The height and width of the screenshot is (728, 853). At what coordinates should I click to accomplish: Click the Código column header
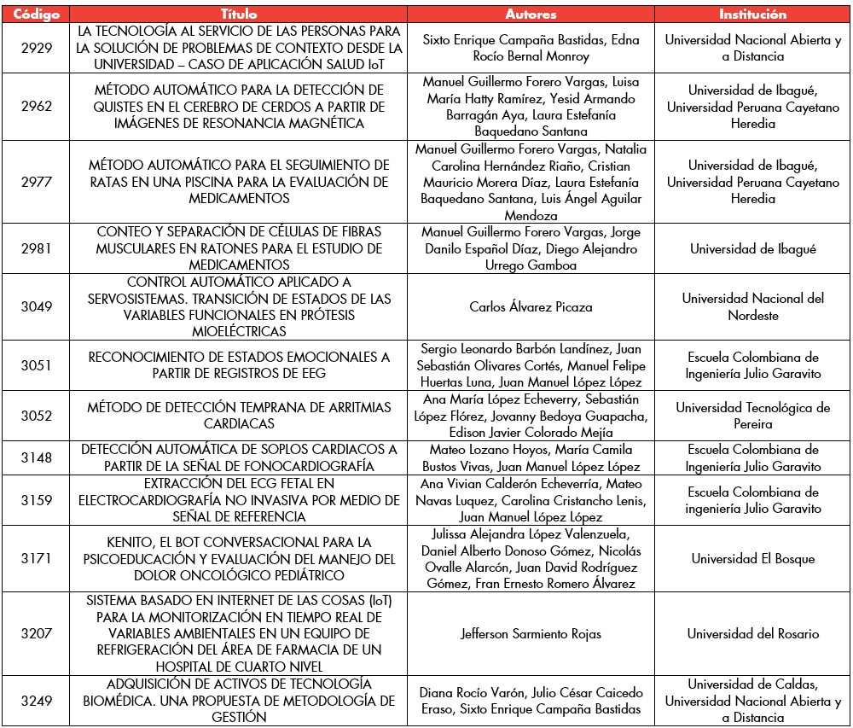tap(37, 15)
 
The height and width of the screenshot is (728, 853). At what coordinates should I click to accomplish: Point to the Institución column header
tap(752, 15)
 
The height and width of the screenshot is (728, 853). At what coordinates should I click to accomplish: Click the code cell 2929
tap(37, 48)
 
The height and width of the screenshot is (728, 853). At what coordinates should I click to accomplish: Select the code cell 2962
tap(37, 107)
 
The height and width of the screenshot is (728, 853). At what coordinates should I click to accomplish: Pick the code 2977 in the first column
tap(37, 182)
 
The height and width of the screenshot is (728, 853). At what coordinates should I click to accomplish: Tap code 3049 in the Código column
tap(37, 307)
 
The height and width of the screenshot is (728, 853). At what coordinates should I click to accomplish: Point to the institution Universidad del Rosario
tap(752, 634)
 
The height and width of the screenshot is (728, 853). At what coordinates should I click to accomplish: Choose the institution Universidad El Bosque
tap(752, 559)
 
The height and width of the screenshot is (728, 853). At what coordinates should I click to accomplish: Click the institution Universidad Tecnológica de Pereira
tap(752, 416)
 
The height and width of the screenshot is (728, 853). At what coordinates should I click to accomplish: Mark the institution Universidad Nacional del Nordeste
tap(752, 307)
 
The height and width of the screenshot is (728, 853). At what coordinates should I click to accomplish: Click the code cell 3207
tap(37, 634)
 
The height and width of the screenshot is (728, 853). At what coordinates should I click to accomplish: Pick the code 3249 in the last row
tap(37, 701)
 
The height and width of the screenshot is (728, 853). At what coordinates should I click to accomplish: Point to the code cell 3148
tap(37, 457)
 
